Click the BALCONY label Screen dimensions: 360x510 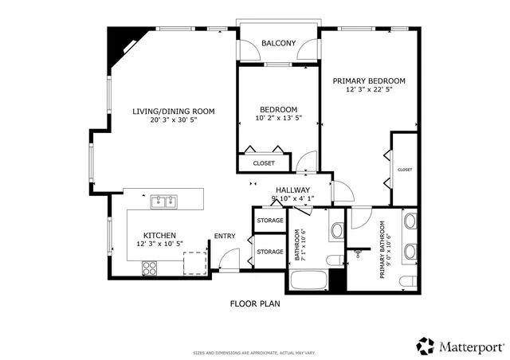[x=279, y=43]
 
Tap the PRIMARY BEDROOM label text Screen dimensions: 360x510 [x=369, y=80]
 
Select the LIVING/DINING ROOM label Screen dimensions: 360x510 [x=174, y=112]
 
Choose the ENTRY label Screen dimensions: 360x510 [x=225, y=236]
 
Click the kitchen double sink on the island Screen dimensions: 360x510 [x=164, y=201]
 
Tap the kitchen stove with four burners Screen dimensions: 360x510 [x=149, y=268]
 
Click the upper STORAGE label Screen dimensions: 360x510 [x=269, y=219]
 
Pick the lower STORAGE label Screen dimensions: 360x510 [x=269, y=252]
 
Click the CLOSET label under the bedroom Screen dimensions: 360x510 [x=264, y=163]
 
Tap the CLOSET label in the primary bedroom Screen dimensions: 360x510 [x=405, y=170]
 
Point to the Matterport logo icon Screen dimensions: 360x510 [x=425, y=346]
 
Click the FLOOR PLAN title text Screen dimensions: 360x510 [x=255, y=303]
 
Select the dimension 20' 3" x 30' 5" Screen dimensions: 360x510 [x=174, y=121]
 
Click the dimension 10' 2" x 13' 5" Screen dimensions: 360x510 [x=279, y=119]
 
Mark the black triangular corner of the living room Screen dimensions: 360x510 [x=122, y=40]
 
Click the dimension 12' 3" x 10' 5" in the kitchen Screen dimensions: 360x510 [x=159, y=244]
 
